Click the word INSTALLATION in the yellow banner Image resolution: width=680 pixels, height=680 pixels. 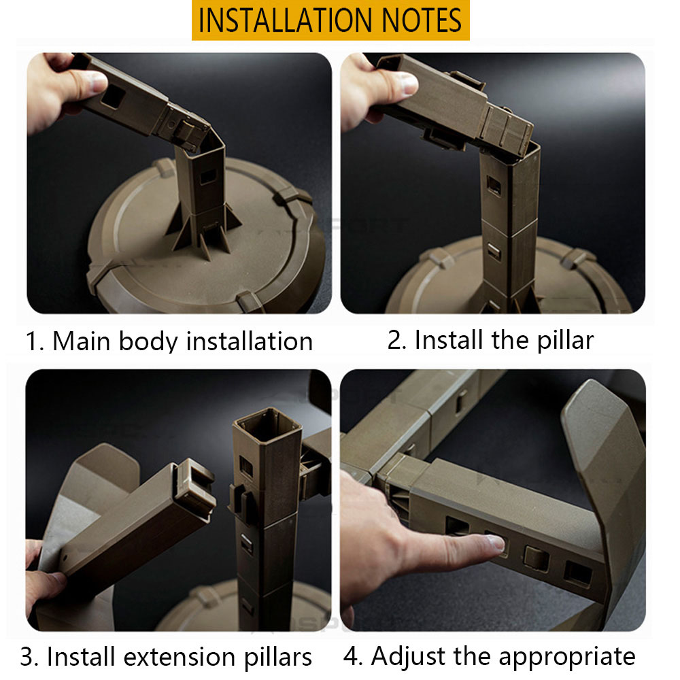click(x=284, y=20)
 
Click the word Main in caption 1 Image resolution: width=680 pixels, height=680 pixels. click(x=81, y=341)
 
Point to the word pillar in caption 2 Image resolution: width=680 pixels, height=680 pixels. click(x=565, y=341)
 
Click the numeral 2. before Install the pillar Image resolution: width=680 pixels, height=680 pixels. click(x=397, y=340)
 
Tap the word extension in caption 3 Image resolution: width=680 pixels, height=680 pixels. click(x=180, y=657)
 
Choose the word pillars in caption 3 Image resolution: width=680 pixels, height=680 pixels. click(x=277, y=658)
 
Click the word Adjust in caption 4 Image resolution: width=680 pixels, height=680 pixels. click(x=407, y=657)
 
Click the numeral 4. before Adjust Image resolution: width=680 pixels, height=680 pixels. click(x=353, y=657)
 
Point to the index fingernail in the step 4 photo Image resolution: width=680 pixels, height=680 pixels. click(x=496, y=542)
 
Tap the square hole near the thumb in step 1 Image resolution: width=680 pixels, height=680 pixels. click(x=114, y=97)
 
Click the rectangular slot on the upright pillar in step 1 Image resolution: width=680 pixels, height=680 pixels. click(x=208, y=176)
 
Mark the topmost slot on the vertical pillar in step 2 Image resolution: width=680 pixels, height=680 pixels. click(x=494, y=185)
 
